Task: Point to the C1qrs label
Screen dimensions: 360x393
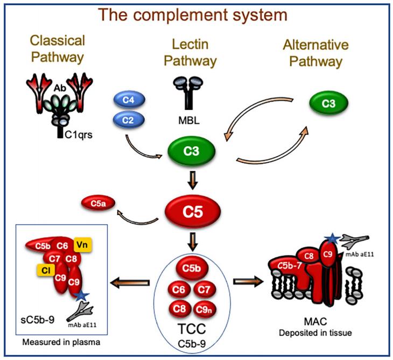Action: [x=75, y=135]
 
